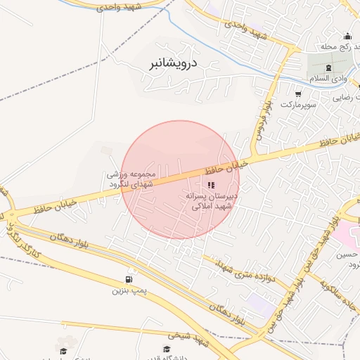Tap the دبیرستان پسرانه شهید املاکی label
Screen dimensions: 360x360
point(212,202)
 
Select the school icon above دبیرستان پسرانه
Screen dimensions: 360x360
point(211,185)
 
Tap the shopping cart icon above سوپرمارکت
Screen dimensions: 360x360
point(298,94)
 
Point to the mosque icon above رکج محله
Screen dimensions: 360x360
point(347,37)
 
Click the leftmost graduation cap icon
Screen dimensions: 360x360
point(63,350)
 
